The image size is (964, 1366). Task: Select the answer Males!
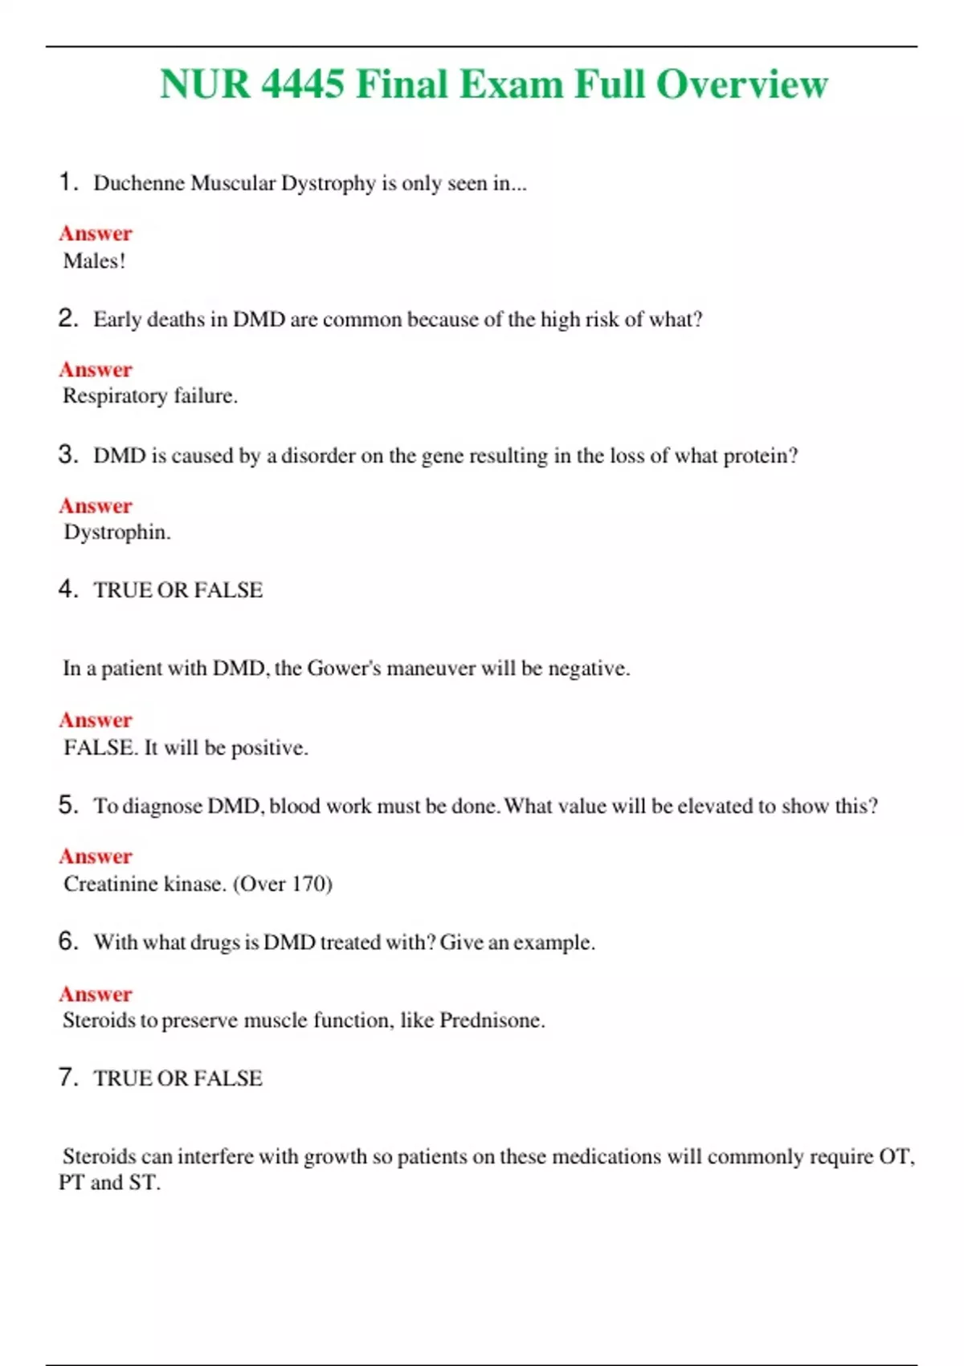pos(94,261)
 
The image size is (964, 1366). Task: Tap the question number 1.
pos(68,182)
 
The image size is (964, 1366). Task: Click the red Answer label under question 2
pos(96,370)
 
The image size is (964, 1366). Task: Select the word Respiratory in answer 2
pos(115,396)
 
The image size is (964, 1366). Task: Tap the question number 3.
pos(68,455)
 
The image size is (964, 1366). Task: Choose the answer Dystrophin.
pos(116,532)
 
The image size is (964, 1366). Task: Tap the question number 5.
pos(68,805)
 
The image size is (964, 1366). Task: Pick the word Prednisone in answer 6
pos(491,1020)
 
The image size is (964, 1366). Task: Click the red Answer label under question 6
pos(96,994)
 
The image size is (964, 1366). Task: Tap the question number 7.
pos(68,1078)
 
